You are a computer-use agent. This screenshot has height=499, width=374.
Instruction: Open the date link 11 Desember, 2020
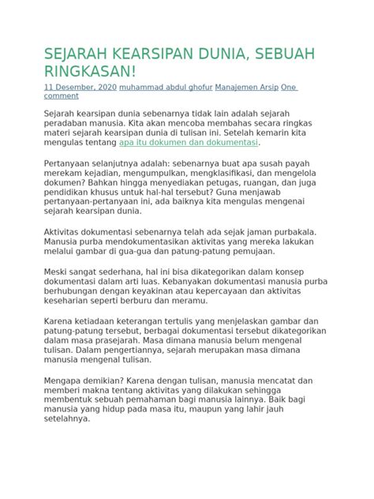pyautogui.click(x=80, y=87)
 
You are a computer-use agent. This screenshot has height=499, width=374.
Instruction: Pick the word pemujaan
pyautogui.click(x=249, y=252)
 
